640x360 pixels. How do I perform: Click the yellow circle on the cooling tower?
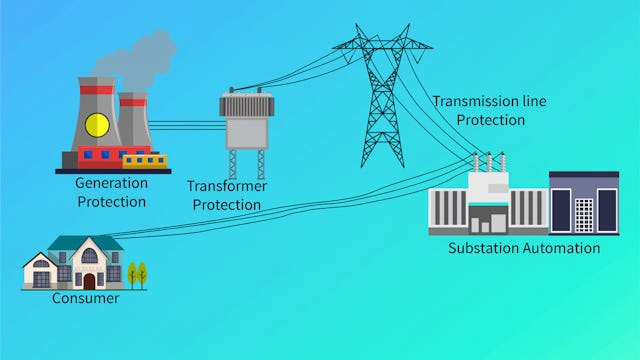coord(97,124)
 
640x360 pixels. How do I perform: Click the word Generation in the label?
coord(110,183)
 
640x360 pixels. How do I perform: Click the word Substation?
coord(484,247)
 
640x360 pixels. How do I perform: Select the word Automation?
coord(561,247)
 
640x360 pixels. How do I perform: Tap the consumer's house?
coord(75,262)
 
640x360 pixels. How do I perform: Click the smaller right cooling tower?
coord(133,120)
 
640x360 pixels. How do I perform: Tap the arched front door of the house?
coord(89,281)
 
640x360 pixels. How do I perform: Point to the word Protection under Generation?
coord(110,201)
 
